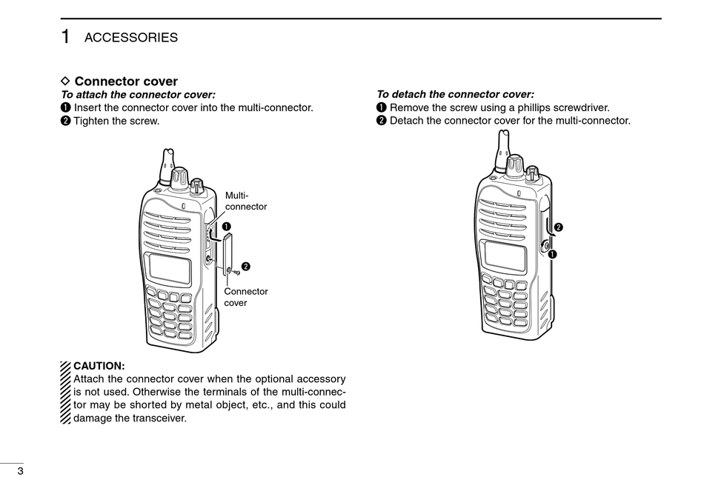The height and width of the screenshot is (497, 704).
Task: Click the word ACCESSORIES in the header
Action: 130,38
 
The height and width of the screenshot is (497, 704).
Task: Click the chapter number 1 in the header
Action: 66,36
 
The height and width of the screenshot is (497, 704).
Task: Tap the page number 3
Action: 21,472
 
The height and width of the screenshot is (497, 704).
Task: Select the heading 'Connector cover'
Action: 126,81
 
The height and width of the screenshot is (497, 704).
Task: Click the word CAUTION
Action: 99,366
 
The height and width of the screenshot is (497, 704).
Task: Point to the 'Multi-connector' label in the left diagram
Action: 245,201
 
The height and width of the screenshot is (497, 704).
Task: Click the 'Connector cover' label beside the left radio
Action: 245,297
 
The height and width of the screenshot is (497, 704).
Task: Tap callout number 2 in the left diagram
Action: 245,266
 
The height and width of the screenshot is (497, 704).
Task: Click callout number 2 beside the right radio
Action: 559,227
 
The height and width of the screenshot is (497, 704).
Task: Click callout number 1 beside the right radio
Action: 553,254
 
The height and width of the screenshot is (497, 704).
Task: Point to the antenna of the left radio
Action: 165,164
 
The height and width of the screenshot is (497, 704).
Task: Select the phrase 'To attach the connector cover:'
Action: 138,94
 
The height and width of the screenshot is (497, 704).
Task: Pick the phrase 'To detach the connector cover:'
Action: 455,94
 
